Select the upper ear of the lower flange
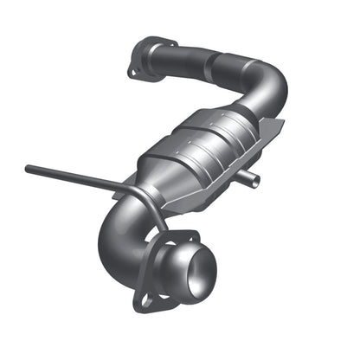click(x=191, y=235)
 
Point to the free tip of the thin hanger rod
click(x=29, y=170)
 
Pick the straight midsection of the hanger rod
click(x=78, y=177)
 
